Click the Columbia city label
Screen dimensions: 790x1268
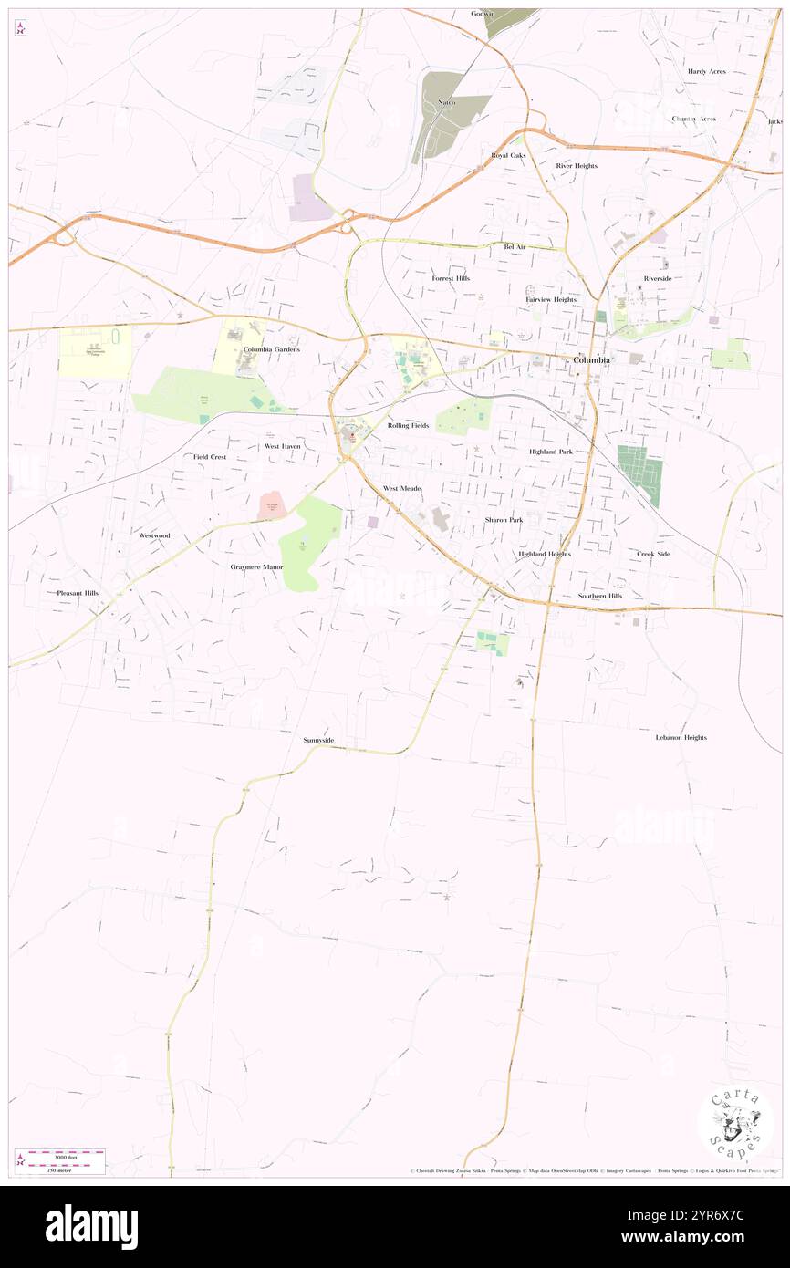pyautogui.click(x=591, y=359)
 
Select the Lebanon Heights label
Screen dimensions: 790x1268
pyautogui.click(x=681, y=737)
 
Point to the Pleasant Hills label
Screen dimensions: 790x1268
pyautogui.click(x=78, y=593)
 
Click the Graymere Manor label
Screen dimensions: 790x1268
pyautogui.click(x=256, y=566)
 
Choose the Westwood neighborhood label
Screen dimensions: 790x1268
pyautogui.click(x=154, y=535)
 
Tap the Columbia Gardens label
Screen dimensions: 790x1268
pyautogui.click(x=271, y=349)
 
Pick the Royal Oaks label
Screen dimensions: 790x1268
pyautogui.click(x=508, y=155)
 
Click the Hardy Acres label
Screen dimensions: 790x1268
pyautogui.click(x=706, y=71)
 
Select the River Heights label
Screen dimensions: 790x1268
pyautogui.click(x=577, y=166)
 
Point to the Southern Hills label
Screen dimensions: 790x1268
pyautogui.click(x=599, y=596)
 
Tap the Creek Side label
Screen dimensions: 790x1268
pyautogui.click(x=653, y=554)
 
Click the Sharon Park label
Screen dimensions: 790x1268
pyautogui.click(x=504, y=519)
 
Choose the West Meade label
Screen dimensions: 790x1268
pyautogui.click(x=401, y=489)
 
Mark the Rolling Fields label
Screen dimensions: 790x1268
pyautogui.click(x=408, y=425)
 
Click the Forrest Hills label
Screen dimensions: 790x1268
pyautogui.click(x=451, y=278)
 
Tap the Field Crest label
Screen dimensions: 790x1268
pyautogui.click(x=209, y=456)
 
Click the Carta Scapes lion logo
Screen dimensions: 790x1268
pyautogui.click(x=735, y=1123)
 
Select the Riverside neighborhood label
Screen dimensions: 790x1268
pyautogui.click(x=657, y=278)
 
